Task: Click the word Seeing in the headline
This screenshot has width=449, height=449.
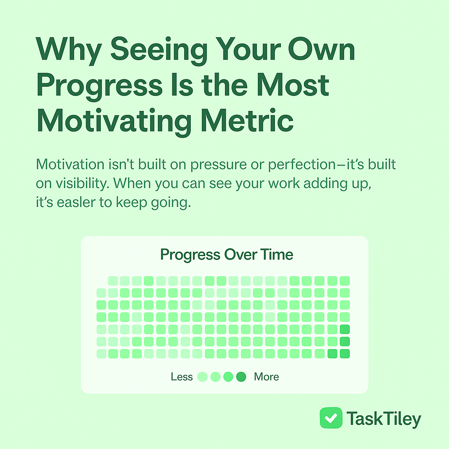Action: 159,50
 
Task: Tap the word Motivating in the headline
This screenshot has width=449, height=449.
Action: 114,121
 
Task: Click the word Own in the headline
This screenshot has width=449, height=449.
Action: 321,49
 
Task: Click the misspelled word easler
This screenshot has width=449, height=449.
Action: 76,203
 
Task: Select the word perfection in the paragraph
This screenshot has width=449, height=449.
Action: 302,165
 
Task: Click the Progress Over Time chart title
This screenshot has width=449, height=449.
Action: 227,255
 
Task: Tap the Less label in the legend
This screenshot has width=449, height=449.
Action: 182,377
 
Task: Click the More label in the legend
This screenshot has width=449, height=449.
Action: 266,377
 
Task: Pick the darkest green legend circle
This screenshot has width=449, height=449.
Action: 242,377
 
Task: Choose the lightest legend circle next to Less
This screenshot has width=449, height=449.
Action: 203,377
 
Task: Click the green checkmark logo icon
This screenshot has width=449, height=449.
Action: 331,418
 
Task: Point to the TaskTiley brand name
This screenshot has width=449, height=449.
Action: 384,419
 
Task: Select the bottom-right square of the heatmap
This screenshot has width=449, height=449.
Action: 345,354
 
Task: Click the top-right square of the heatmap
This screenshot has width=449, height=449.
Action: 345,281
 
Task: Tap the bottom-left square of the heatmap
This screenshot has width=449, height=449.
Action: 101,354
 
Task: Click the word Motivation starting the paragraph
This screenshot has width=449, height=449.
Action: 70,165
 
